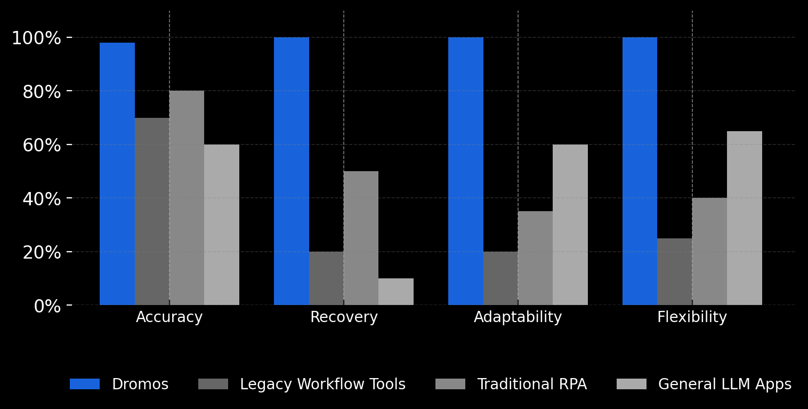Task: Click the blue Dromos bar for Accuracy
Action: coord(117,174)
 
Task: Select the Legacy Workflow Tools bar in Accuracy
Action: coord(152,211)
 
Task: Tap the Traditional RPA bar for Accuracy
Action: coord(187,198)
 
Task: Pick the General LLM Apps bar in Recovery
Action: coord(396,292)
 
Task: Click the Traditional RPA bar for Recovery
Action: coord(361,238)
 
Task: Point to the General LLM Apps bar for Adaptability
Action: coord(570,224)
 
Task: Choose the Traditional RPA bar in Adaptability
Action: coord(535,258)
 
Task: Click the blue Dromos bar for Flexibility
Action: coord(640,171)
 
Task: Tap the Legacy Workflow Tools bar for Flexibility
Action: coord(675,271)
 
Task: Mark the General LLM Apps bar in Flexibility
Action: coord(745,218)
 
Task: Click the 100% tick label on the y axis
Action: coord(37,38)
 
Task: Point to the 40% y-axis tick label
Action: coord(42,199)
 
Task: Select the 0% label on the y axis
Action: coord(47,306)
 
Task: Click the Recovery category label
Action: coord(344,317)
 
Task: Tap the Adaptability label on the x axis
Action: coord(518,317)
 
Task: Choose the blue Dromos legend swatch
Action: coord(85,384)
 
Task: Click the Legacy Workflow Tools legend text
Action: coord(322,384)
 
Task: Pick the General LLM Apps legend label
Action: coord(724,384)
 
